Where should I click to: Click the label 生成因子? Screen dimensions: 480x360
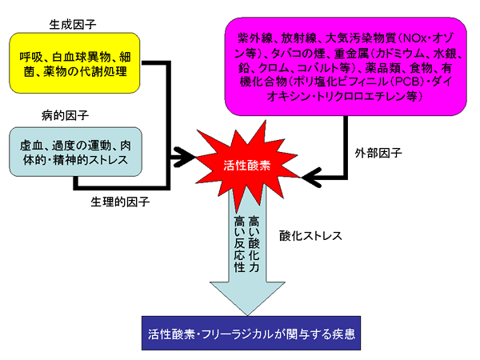point(73,25)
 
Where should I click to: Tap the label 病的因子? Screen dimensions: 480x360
point(65,115)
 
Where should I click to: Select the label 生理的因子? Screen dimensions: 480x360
point(120,202)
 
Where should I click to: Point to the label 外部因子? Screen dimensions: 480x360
point(378,153)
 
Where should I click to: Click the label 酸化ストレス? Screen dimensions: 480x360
point(310,236)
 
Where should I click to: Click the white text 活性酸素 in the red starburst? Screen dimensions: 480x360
point(246,166)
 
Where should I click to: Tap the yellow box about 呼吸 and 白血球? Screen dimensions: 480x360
point(74,63)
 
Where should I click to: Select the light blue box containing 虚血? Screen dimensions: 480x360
point(76,152)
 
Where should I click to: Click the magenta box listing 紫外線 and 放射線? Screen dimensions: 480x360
point(346,66)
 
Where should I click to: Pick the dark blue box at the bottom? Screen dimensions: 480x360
point(251,333)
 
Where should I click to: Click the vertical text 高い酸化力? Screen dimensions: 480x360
point(254,244)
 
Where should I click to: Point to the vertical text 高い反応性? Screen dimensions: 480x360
point(239,244)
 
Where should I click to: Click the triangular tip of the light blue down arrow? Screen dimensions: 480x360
point(247,315)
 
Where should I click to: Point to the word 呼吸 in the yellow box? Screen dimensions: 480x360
point(31,58)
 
